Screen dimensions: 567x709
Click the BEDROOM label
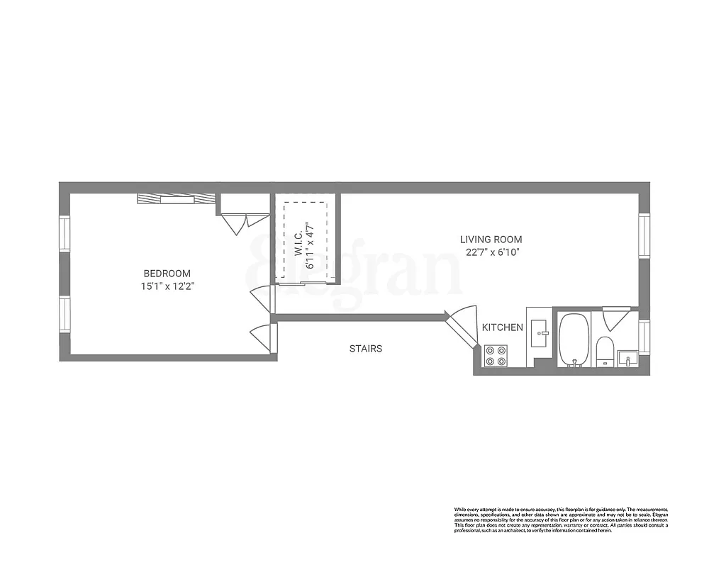pos(167,274)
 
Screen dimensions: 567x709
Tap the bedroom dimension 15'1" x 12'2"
pos(167,286)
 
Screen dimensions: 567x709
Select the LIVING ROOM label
pos(491,240)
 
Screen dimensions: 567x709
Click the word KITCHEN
pos(503,327)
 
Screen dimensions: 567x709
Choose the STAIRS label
pos(366,349)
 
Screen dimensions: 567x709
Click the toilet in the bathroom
pos(605,351)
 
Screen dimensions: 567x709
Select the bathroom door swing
pos(615,318)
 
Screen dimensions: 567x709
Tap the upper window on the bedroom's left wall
pos(65,234)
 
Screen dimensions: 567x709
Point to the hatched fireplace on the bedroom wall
pos(176,199)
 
